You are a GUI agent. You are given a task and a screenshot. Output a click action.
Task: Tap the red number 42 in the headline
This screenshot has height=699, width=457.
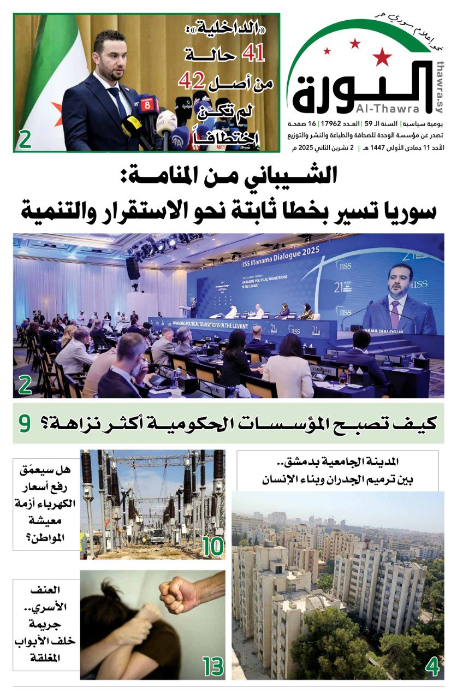(x=191, y=81)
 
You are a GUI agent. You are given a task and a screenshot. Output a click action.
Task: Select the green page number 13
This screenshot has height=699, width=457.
(x=213, y=667)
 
